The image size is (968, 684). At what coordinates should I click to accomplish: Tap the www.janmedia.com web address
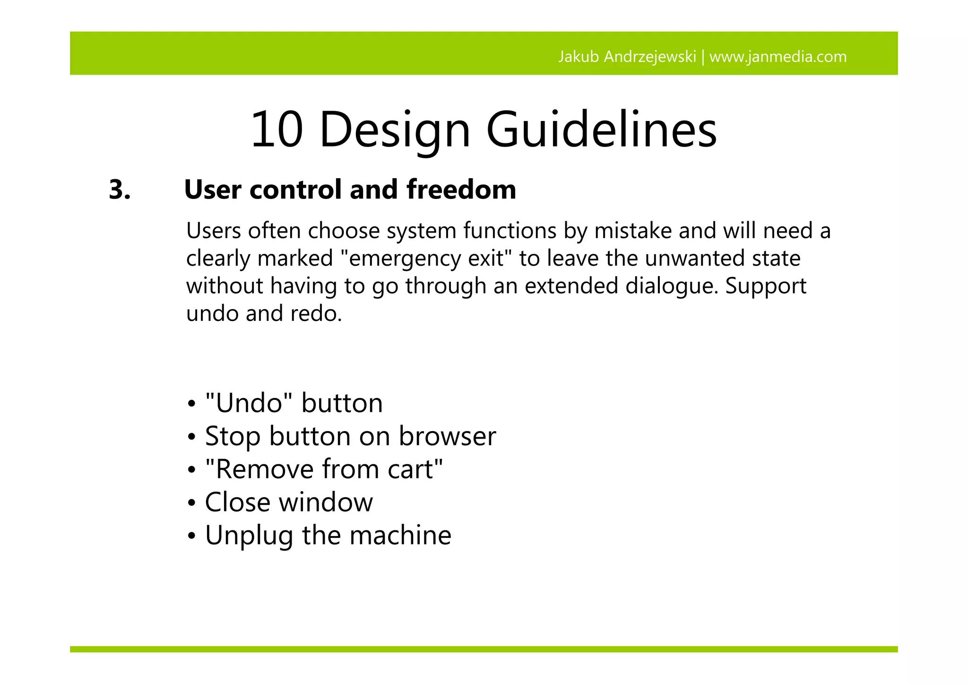click(x=778, y=57)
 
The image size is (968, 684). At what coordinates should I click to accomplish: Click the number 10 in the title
click(x=277, y=129)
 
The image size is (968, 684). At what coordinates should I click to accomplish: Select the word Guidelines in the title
click(x=601, y=129)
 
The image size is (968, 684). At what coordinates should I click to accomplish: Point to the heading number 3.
click(x=120, y=190)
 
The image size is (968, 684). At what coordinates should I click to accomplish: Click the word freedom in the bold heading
click(x=461, y=190)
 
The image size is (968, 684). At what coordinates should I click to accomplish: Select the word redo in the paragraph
click(x=316, y=313)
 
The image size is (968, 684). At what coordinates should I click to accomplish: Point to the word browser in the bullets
click(x=447, y=436)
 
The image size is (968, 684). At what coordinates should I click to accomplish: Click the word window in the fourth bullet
click(x=326, y=502)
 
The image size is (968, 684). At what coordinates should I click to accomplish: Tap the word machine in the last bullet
click(x=400, y=535)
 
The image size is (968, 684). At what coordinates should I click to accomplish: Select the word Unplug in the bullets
click(x=249, y=536)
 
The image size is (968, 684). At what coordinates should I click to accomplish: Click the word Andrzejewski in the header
click(x=650, y=57)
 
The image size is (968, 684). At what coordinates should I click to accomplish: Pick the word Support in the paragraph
click(x=766, y=286)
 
